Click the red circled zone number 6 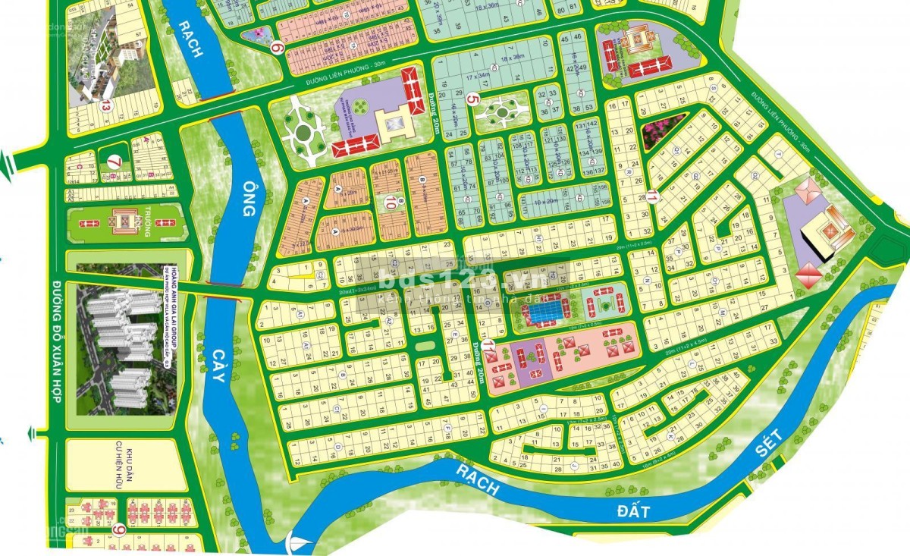click(278, 48)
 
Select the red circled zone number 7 click(114, 162)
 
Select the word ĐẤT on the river click(634, 510)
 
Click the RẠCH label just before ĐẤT click(478, 479)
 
